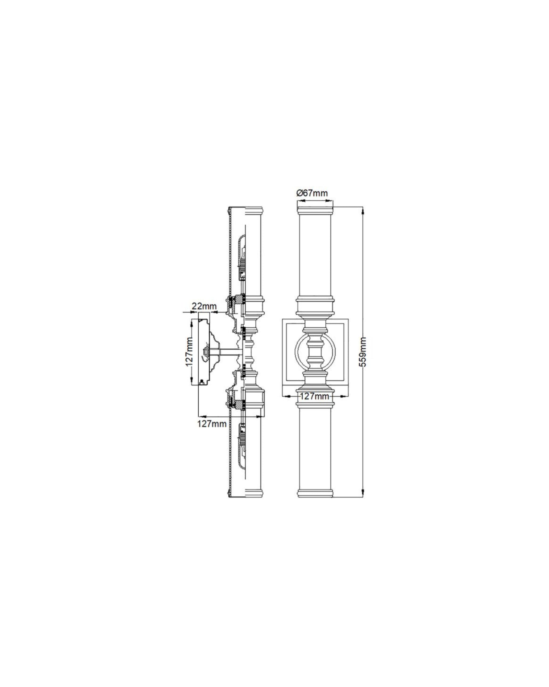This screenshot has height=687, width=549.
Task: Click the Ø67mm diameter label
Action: [x=312, y=193]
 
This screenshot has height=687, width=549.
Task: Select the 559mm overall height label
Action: [x=364, y=352]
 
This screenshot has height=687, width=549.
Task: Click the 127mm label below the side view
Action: [x=212, y=424]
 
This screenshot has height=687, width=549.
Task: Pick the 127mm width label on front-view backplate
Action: [x=315, y=396]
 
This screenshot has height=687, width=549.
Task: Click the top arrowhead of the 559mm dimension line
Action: [x=363, y=209]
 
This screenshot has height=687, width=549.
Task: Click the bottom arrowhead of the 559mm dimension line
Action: [x=363, y=494]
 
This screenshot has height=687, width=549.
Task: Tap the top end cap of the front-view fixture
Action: [x=315, y=210]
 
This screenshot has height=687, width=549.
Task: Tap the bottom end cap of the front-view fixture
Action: [x=315, y=493]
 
